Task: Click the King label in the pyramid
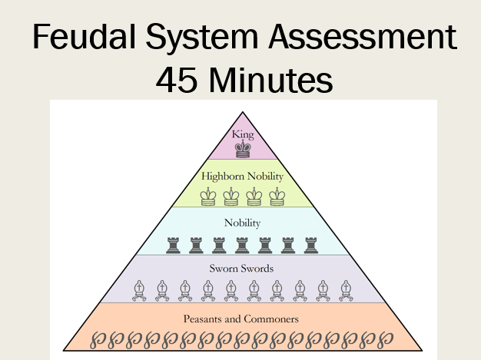(x=242, y=134)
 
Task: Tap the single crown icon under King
(x=243, y=149)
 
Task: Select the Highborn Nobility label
(x=243, y=176)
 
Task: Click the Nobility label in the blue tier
(x=243, y=223)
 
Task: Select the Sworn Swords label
(x=243, y=269)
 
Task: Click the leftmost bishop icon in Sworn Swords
(x=139, y=290)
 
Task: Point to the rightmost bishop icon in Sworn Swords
(x=346, y=290)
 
